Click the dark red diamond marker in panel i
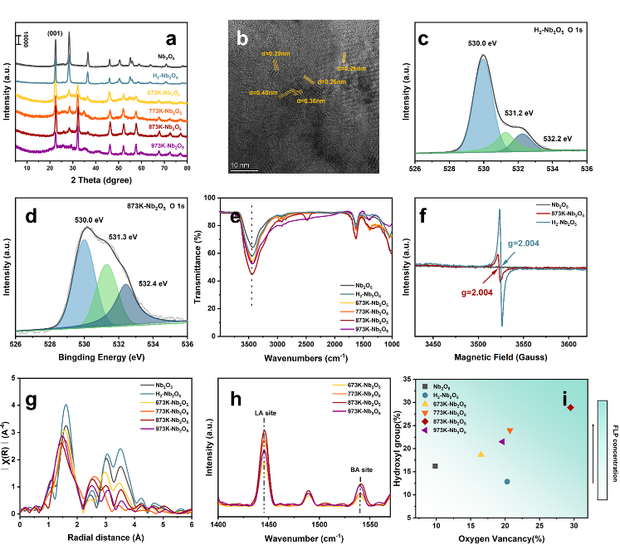(570, 408)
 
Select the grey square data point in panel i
(436, 467)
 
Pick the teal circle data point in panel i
(507, 482)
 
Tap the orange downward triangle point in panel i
(510, 431)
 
